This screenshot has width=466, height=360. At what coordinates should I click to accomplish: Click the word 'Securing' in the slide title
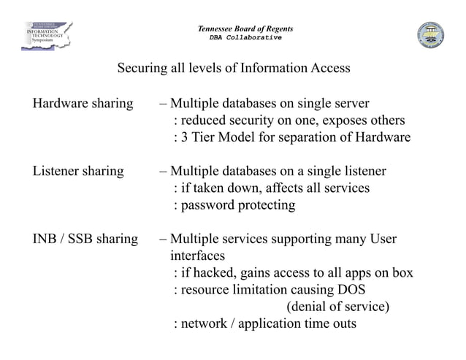click(x=142, y=69)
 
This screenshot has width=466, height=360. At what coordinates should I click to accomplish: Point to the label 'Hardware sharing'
click(x=83, y=102)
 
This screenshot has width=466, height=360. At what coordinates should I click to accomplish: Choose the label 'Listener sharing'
click(x=78, y=172)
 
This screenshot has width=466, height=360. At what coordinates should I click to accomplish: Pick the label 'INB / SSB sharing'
click(x=85, y=239)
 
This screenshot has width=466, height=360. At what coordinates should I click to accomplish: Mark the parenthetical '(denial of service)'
click(x=337, y=306)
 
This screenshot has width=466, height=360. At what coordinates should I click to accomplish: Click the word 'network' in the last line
click(x=204, y=323)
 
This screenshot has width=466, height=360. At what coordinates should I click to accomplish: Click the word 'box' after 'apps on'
click(x=402, y=273)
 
